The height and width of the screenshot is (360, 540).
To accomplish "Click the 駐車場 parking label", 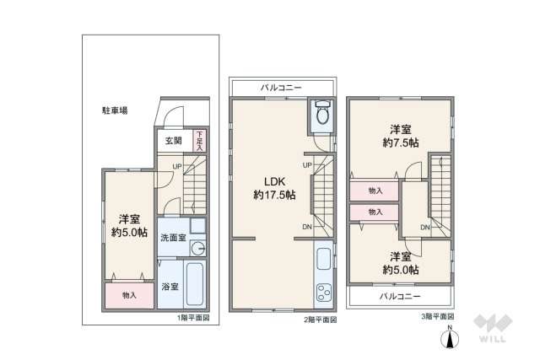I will click(115, 110).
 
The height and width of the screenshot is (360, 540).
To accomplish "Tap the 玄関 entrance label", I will click(172, 141).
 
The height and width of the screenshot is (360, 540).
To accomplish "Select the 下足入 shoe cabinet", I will click(199, 140).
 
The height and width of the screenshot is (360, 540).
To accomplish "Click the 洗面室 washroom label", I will click(173, 237).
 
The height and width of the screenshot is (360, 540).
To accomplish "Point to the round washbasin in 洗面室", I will click(197, 248).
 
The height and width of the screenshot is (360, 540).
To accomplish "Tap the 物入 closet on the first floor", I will click(129, 295).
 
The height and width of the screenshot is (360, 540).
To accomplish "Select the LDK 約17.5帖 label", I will click(274, 187).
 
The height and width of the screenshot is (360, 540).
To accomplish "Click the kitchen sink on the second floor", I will click(325, 257).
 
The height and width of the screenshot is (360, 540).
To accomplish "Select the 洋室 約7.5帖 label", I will click(401, 136).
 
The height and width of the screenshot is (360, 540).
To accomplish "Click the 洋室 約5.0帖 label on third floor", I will click(401, 262).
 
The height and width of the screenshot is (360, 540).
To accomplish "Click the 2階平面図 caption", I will click(321, 320).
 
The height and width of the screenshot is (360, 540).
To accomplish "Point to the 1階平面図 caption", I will click(193, 318).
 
